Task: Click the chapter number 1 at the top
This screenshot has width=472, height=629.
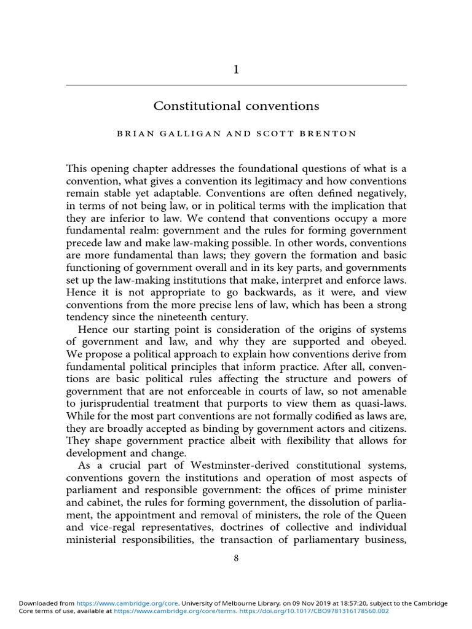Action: (x=236, y=70)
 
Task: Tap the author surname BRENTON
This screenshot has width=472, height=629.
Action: (x=329, y=135)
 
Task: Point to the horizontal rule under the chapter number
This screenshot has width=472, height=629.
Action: (x=236, y=85)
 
